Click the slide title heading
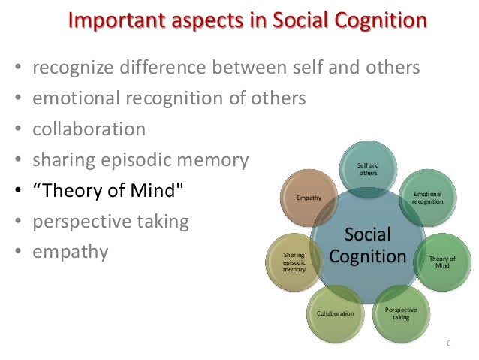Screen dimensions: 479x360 248,20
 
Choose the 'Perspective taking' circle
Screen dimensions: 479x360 401,313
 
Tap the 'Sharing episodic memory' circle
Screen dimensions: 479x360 294,262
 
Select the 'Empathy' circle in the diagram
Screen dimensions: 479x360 309,198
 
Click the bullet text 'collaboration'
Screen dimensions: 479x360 89,129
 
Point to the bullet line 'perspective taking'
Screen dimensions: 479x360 110,222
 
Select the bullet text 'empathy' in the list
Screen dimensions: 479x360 70,252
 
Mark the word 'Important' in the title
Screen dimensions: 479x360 111,20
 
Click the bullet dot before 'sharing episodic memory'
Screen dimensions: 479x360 18,160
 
